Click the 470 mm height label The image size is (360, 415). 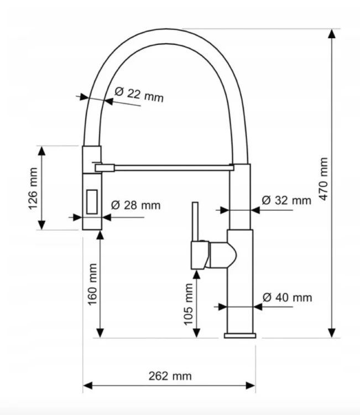(x=324, y=179)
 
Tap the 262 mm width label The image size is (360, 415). (x=170, y=376)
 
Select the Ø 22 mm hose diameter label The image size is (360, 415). (x=139, y=95)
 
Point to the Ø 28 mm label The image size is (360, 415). (x=135, y=205)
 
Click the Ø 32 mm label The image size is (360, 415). (x=286, y=200)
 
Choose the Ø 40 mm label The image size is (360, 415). (x=287, y=298)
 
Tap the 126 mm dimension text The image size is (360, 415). (x=33, y=189)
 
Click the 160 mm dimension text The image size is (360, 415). (x=92, y=284)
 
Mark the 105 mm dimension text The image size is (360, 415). (x=189, y=304)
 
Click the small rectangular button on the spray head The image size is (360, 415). (x=92, y=201)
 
